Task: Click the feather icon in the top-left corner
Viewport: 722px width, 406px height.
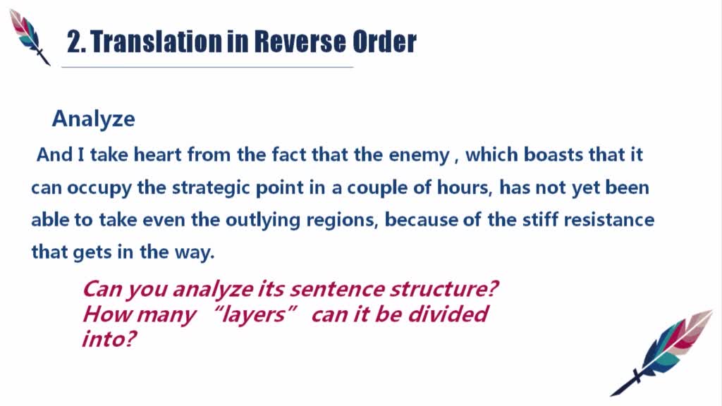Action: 30,37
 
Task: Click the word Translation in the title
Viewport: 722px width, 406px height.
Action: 156,42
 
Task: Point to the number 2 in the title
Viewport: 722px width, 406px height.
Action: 73,42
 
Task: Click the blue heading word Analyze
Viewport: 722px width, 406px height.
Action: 94,119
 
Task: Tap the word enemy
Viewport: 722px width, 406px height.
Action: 419,156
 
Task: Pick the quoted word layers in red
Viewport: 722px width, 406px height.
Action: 253,315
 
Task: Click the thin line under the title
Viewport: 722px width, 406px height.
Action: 207,67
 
